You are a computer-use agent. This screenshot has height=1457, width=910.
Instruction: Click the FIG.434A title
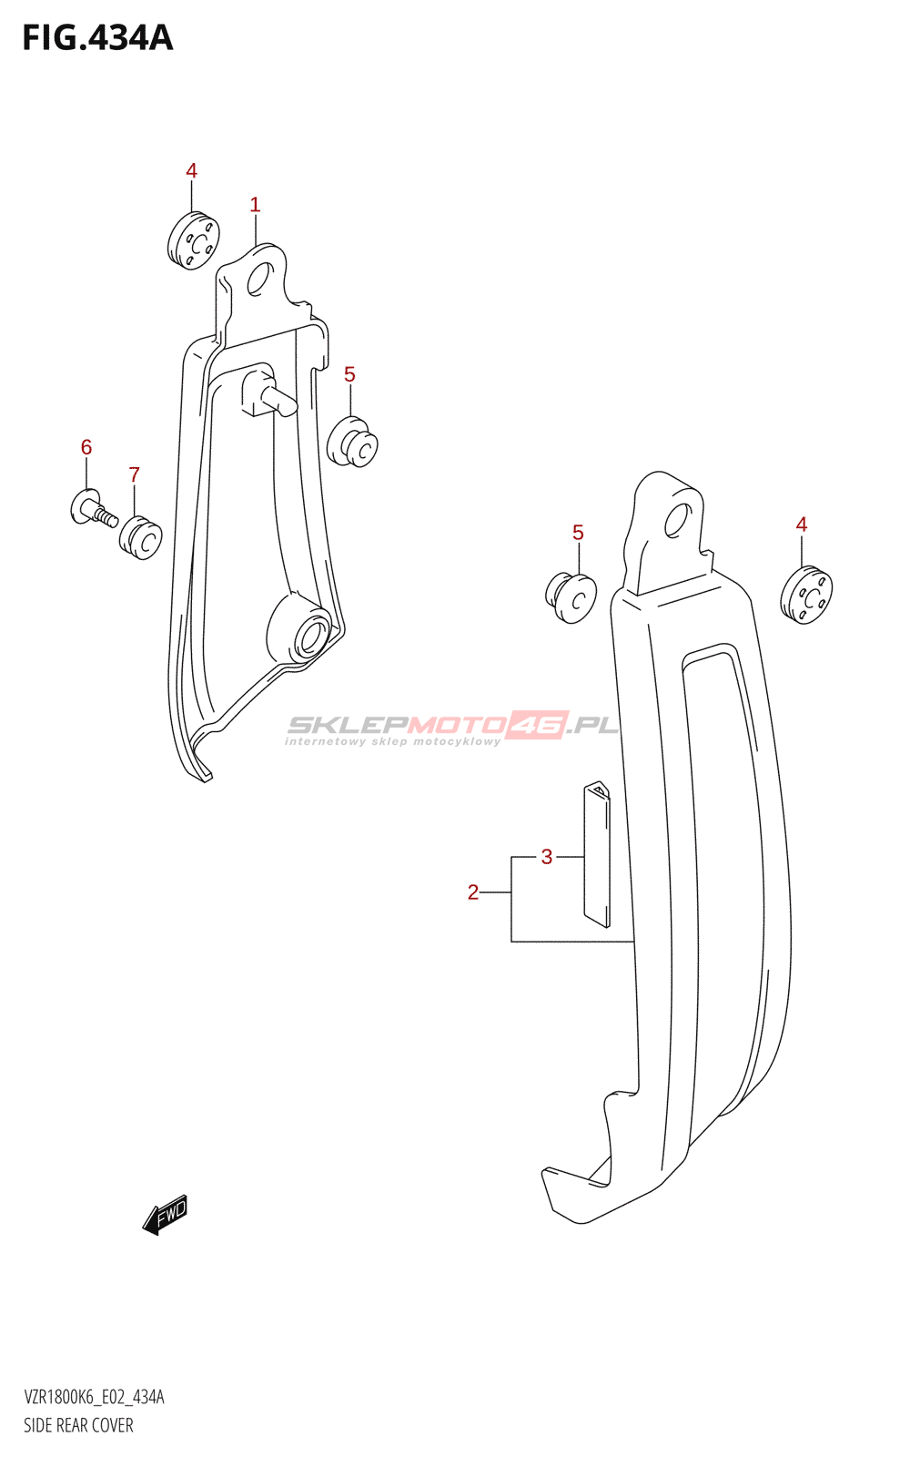pyautogui.click(x=97, y=38)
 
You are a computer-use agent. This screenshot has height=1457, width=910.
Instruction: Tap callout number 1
pyautogui.click(x=255, y=205)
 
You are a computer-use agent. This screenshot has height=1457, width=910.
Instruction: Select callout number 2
pyautogui.click(x=473, y=892)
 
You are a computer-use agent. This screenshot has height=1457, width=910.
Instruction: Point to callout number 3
pyautogui.click(x=547, y=857)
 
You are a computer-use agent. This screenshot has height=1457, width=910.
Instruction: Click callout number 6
pyautogui.click(x=86, y=447)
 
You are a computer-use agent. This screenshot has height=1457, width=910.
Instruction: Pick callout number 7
pyautogui.click(x=135, y=474)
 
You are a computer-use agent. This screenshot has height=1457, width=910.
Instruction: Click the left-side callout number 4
pyautogui.click(x=191, y=170)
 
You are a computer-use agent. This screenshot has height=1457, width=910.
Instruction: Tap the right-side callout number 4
pyautogui.click(x=802, y=525)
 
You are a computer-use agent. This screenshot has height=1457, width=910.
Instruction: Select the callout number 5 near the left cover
pyautogui.click(x=349, y=374)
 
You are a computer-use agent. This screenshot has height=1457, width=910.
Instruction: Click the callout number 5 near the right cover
pyautogui.click(x=578, y=533)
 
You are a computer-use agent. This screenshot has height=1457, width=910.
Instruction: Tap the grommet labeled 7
pyautogui.click(x=140, y=537)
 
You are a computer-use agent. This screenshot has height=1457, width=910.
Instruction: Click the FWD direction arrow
pyautogui.click(x=165, y=1214)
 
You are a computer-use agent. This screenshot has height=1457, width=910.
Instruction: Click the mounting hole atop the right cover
pyautogui.click(x=679, y=520)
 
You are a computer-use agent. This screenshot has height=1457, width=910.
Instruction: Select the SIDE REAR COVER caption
pyautogui.click(x=78, y=1425)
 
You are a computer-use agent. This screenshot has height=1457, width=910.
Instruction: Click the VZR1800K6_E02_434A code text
pyautogui.click(x=95, y=1397)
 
